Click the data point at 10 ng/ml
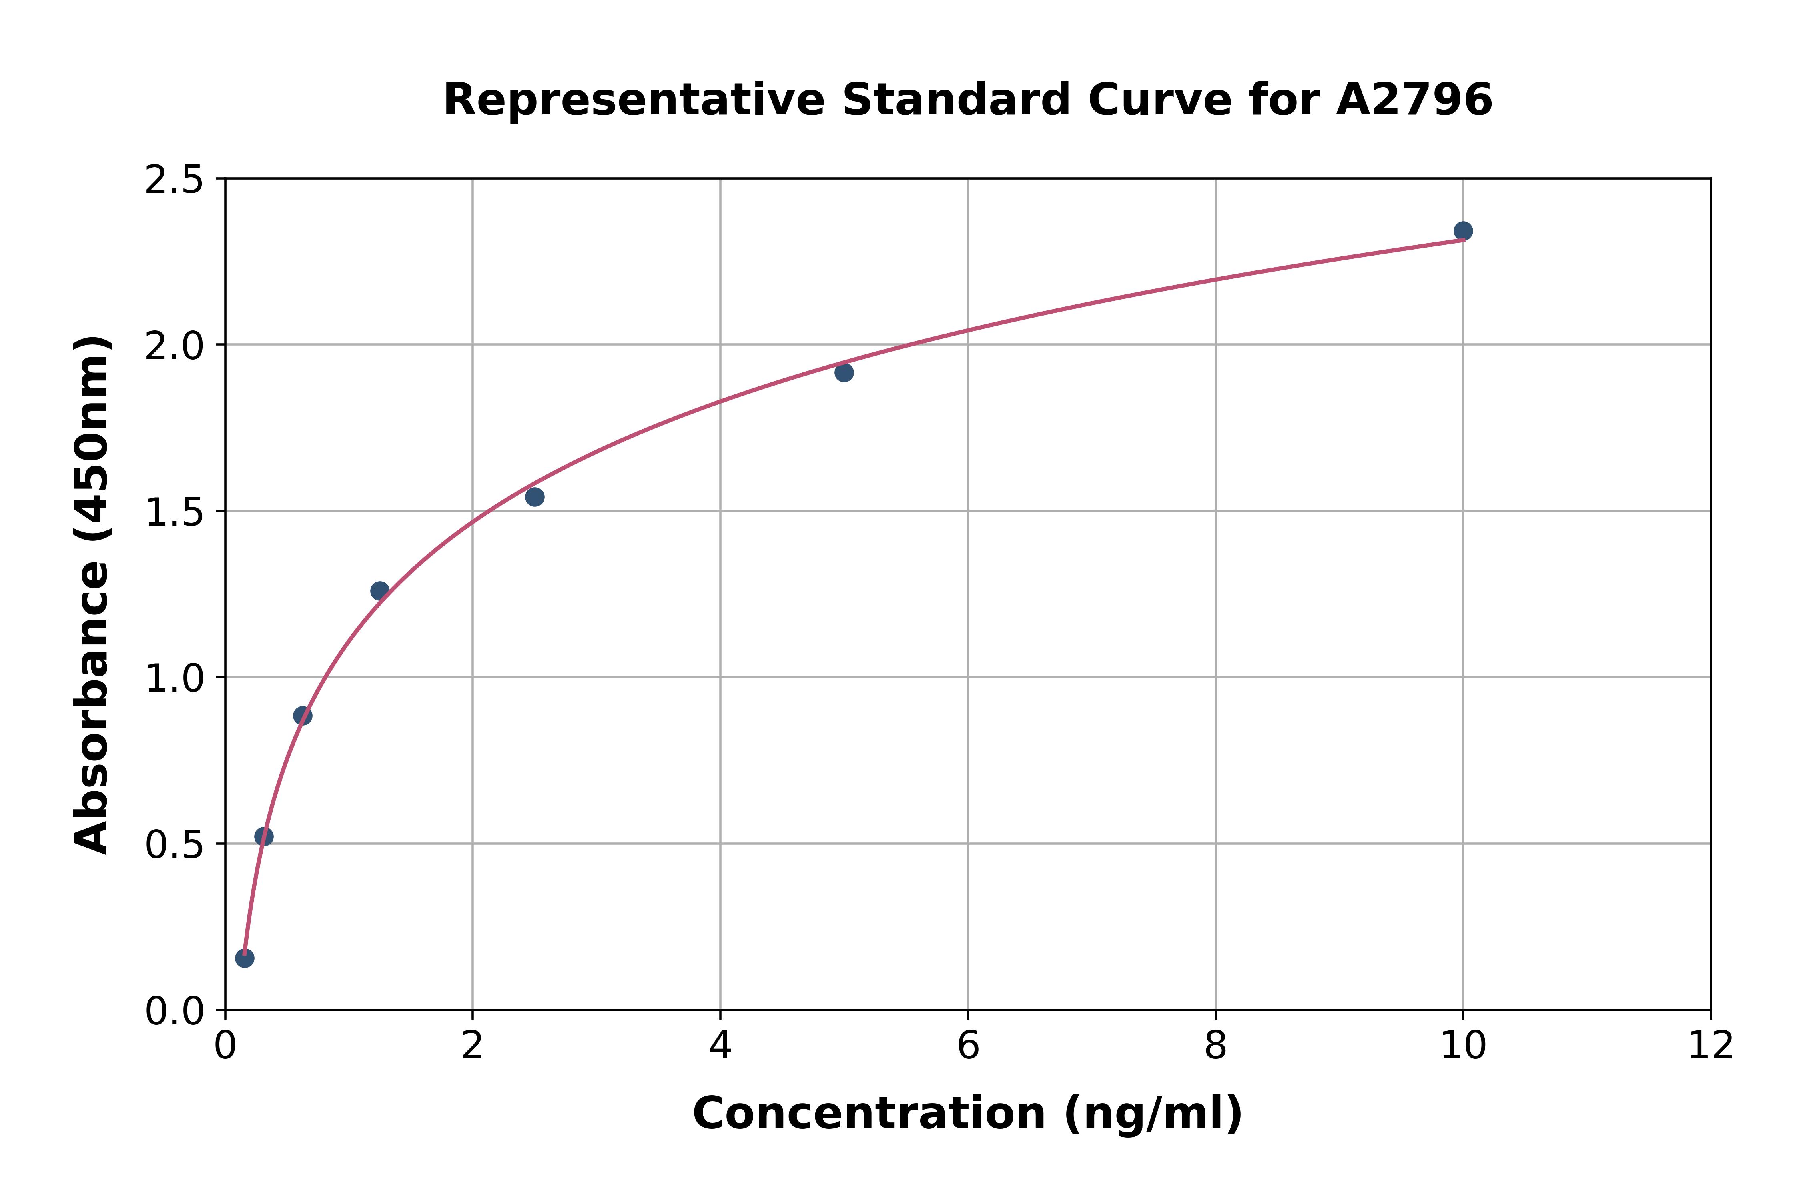click(x=1463, y=231)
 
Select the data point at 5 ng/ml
click(x=844, y=372)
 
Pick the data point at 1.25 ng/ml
click(x=380, y=591)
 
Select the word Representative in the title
click(x=633, y=100)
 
